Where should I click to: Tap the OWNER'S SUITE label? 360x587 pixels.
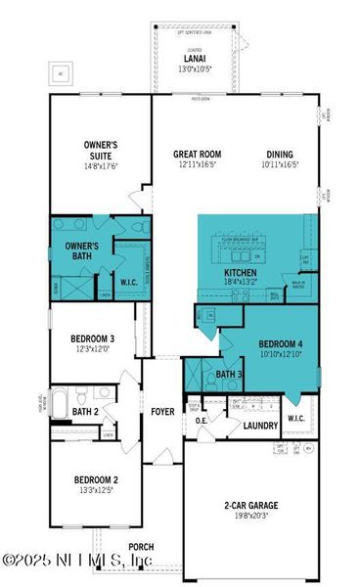coord(101,149)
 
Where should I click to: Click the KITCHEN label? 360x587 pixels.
coord(241,273)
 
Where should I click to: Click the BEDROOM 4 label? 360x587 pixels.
coord(281,344)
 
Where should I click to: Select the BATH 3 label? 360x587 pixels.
coord(229,374)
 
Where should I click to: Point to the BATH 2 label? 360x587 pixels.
coord(83,412)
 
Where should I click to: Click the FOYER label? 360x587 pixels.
coord(162,412)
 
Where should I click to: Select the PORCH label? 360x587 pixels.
coord(141,547)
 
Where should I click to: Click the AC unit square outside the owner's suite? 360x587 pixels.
coord(61,73)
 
